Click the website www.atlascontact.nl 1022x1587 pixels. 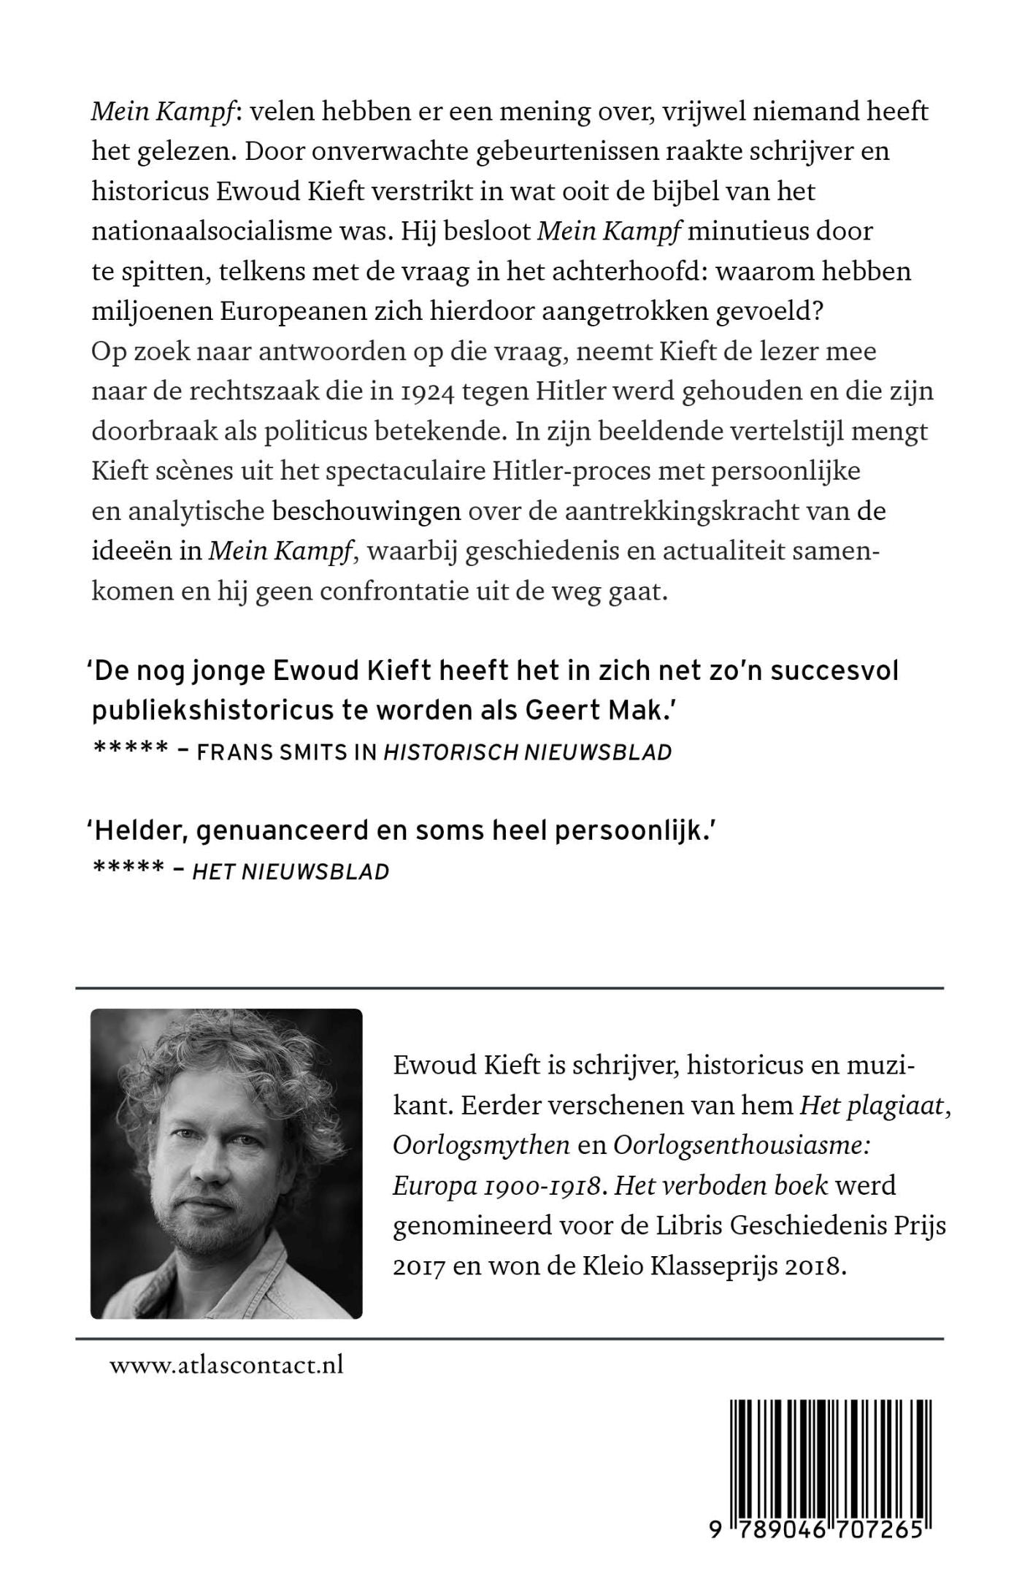pyautogui.click(x=226, y=1365)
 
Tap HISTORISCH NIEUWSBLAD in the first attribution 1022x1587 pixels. pyautogui.click(x=527, y=752)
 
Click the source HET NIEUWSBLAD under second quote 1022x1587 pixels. pyautogui.click(x=291, y=871)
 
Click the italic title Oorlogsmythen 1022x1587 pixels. pyautogui.click(x=481, y=1147)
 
